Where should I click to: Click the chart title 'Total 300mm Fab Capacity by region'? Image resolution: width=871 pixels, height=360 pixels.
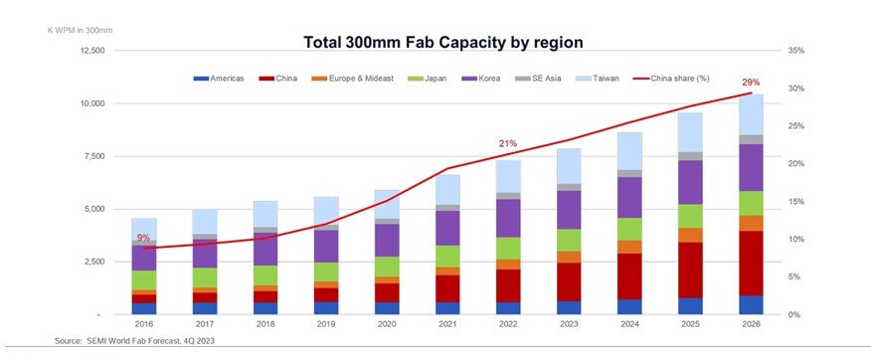click(x=442, y=42)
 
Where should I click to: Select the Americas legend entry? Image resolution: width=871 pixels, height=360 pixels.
click(x=221, y=77)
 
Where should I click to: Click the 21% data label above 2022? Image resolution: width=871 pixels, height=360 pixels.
click(x=507, y=144)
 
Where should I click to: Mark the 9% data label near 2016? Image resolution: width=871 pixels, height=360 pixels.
click(x=144, y=238)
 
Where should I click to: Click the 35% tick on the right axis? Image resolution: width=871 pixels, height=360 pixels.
click(x=794, y=51)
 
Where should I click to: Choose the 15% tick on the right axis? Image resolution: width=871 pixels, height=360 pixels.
click(x=794, y=202)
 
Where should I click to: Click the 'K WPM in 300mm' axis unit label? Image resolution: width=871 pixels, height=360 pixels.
click(x=81, y=30)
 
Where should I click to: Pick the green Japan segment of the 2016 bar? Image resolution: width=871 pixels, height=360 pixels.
click(x=144, y=279)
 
